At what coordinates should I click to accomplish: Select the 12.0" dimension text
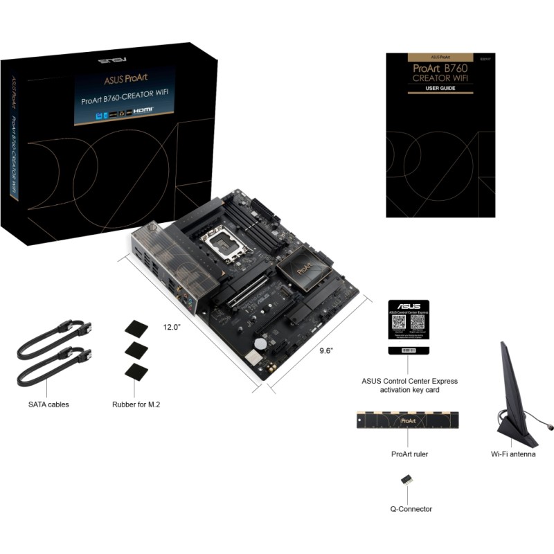(172, 326)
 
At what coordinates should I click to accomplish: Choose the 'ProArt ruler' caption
(407, 454)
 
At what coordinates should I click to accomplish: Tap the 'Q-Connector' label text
(411, 509)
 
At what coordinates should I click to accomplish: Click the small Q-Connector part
(406, 479)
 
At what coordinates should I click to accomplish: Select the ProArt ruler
(407, 420)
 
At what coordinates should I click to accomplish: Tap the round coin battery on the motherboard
(260, 343)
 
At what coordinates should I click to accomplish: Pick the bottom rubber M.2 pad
(136, 371)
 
